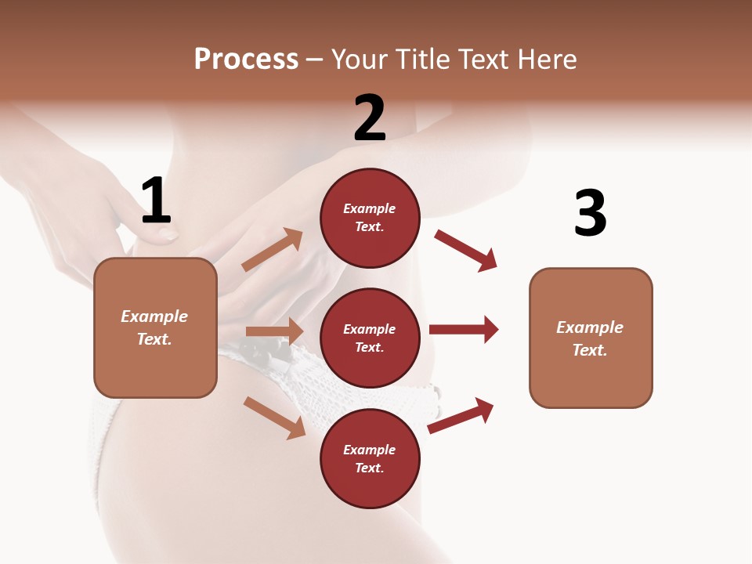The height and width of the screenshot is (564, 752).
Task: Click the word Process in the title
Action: [x=246, y=60]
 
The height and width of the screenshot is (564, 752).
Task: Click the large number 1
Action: [x=156, y=201]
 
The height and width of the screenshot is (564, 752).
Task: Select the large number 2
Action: [x=370, y=118]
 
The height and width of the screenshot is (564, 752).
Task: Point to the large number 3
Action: [x=590, y=213]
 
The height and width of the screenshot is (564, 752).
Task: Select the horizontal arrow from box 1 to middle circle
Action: [x=274, y=331]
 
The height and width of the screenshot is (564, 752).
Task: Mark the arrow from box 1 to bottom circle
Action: [x=274, y=418]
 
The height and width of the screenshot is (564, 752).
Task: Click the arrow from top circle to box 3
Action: [x=465, y=250]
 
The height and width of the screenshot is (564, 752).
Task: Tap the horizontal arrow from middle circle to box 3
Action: [x=463, y=329]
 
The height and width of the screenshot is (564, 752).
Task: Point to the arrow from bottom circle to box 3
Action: [x=461, y=416]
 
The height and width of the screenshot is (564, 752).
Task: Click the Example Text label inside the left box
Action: [x=154, y=327]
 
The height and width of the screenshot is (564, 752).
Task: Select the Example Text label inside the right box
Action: [x=590, y=338]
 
